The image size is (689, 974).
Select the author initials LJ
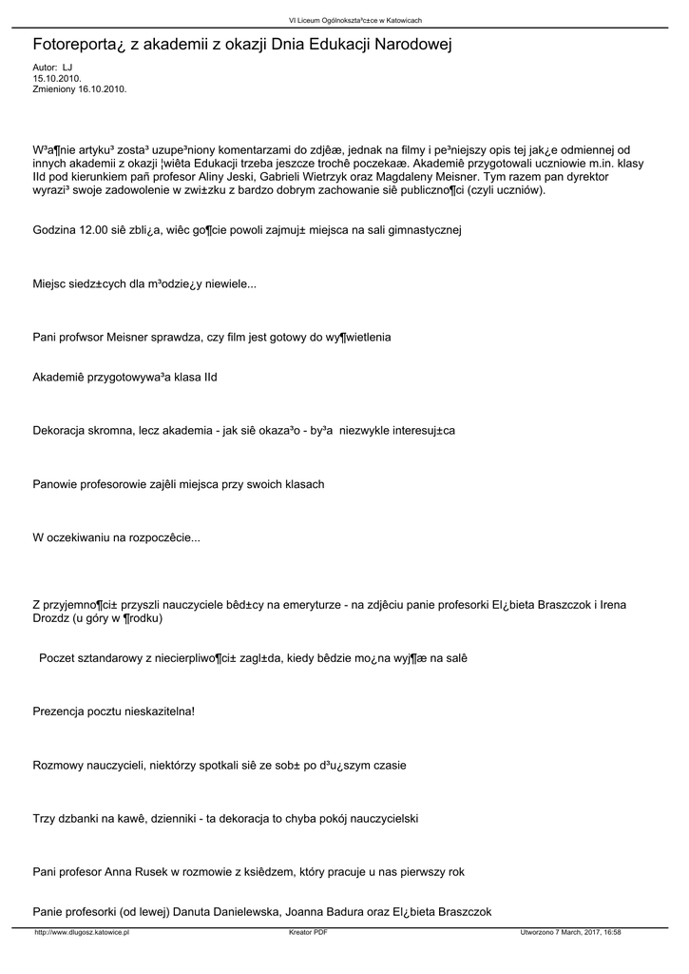[x=67, y=68]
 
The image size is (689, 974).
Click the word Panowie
[x=56, y=484]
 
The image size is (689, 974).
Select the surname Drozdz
[x=52, y=618]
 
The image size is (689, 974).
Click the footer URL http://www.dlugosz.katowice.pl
[x=81, y=933]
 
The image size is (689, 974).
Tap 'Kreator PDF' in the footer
[x=309, y=933]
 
